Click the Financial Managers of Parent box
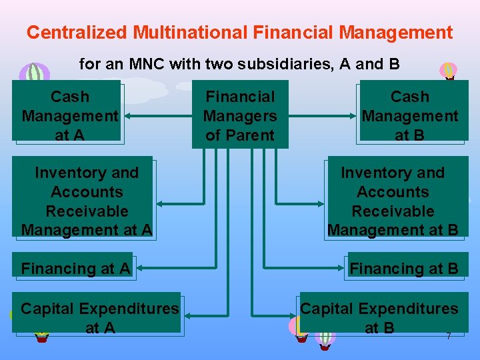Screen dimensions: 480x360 pos(240,115)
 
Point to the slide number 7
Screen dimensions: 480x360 pos(449,337)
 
